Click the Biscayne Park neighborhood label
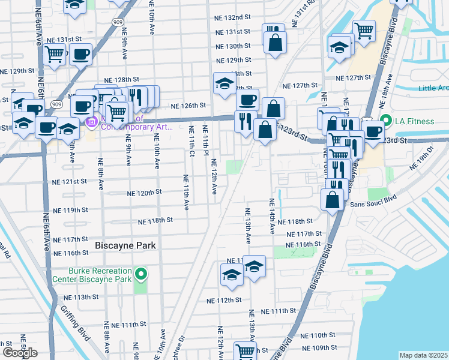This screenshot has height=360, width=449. click(x=125, y=245)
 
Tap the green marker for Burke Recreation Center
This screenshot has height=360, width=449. click(x=141, y=275)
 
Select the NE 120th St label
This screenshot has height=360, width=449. click(x=145, y=193)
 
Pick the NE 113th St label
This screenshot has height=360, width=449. click(x=81, y=297)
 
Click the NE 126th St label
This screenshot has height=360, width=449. click(x=188, y=106)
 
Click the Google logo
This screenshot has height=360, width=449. click(x=20, y=352)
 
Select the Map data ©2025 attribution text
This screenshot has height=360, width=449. click(x=423, y=355)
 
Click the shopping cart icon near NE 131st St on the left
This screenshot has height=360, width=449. click(x=55, y=54)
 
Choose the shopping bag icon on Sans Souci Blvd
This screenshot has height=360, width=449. click(x=332, y=199)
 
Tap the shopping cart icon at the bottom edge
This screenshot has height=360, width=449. click(x=245, y=352)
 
